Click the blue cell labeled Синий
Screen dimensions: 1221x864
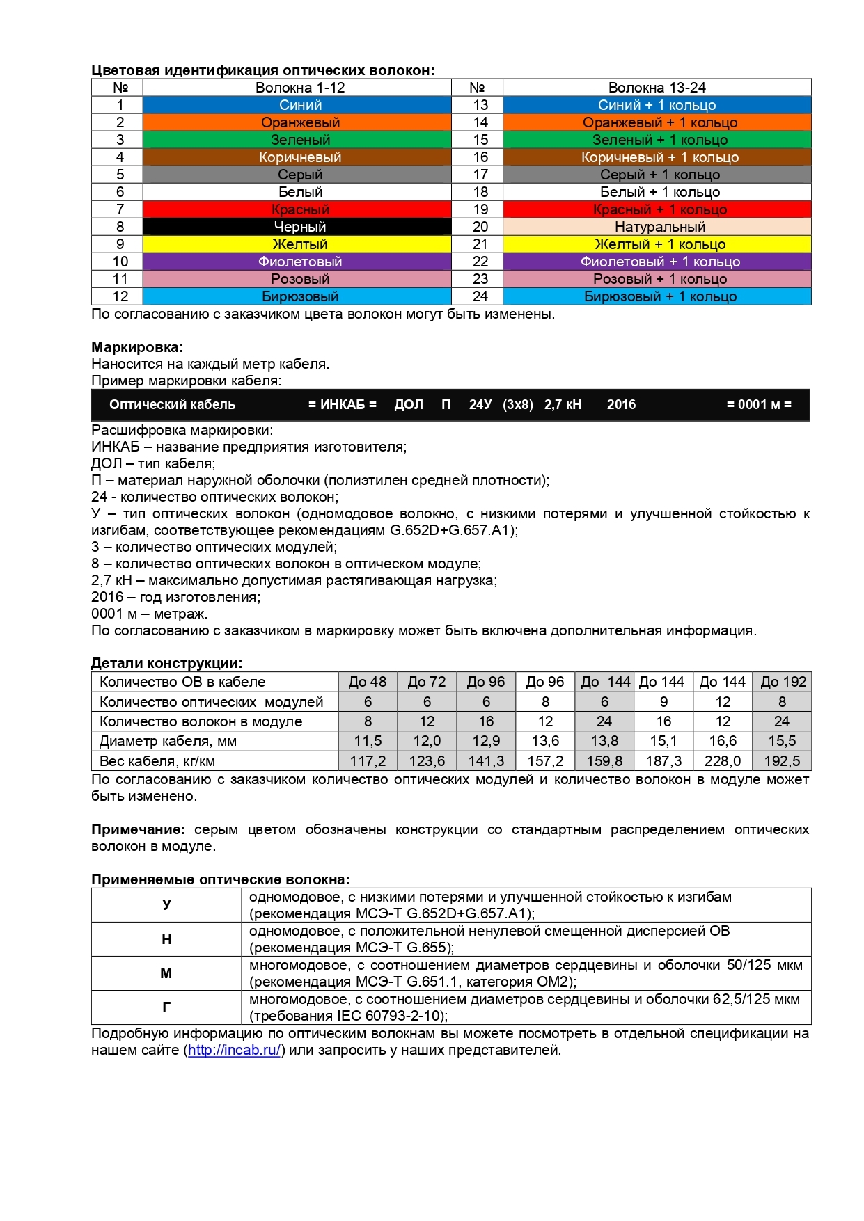point(300,105)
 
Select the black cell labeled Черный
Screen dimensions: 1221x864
point(300,227)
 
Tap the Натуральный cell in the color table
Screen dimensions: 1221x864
point(659,227)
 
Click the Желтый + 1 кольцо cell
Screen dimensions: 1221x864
point(659,244)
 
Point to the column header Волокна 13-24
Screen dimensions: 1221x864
point(657,88)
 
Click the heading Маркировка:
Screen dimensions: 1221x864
point(137,347)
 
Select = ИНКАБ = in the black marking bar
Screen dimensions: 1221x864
point(342,405)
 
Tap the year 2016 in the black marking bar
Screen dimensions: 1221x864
point(621,405)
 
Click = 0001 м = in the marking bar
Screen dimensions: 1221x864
point(759,405)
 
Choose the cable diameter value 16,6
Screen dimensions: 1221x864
point(723,741)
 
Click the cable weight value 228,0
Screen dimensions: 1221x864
point(723,761)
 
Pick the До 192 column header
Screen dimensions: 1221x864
point(783,682)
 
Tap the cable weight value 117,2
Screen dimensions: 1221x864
point(368,761)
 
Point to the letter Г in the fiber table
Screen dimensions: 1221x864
point(166,1007)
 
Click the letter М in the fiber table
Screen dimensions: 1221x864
point(166,973)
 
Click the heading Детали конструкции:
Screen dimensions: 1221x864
point(166,663)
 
